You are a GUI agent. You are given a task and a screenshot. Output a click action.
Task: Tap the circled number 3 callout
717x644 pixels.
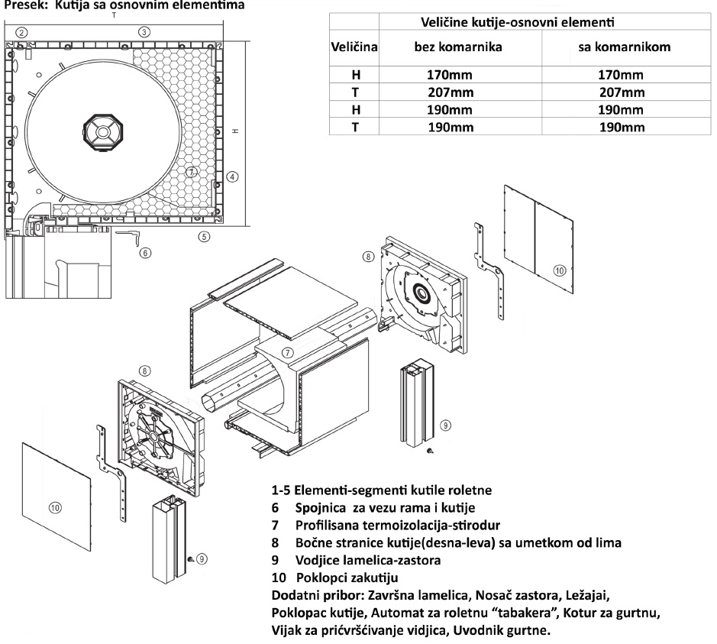[144, 32]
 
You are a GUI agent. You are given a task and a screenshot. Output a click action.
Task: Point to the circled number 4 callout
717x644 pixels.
[233, 176]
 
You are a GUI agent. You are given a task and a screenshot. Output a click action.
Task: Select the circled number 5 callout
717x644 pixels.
[203, 236]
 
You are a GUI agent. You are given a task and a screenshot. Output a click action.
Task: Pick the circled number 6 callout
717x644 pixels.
[145, 253]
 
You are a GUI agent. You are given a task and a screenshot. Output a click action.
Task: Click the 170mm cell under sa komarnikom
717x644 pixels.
[620, 75]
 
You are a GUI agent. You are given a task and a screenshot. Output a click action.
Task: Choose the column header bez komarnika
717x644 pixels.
[457, 47]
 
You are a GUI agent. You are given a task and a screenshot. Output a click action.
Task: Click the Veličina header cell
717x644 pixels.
[354, 47]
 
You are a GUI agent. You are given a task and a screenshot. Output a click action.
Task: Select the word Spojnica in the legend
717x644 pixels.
[322, 507]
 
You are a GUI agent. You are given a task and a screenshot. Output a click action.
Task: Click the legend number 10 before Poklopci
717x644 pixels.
[280, 578]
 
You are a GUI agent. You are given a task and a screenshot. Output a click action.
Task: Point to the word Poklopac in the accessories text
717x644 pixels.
[301, 613]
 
